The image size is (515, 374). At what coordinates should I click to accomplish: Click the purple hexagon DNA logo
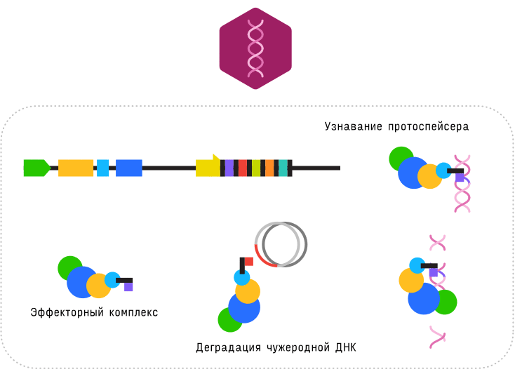(255, 48)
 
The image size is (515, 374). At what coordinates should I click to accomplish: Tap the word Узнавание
(352, 127)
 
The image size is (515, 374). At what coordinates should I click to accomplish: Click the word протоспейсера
(428, 127)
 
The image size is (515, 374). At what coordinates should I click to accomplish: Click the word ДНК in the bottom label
(346, 347)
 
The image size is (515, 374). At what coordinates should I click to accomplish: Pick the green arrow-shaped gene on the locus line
(36, 168)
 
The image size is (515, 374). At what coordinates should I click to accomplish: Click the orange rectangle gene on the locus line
(76, 168)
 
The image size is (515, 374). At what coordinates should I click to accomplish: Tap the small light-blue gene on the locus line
(102, 168)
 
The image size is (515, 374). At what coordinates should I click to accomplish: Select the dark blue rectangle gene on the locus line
(129, 168)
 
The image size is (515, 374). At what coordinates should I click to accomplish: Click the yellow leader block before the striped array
(208, 167)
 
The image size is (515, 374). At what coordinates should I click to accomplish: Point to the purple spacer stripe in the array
(229, 168)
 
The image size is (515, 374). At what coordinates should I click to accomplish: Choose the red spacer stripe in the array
(243, 168)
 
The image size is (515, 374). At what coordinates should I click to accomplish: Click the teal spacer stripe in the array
(283, 168)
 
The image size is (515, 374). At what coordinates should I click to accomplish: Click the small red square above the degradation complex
(248, 262)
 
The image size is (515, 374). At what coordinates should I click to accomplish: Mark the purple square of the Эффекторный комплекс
(128, 287)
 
